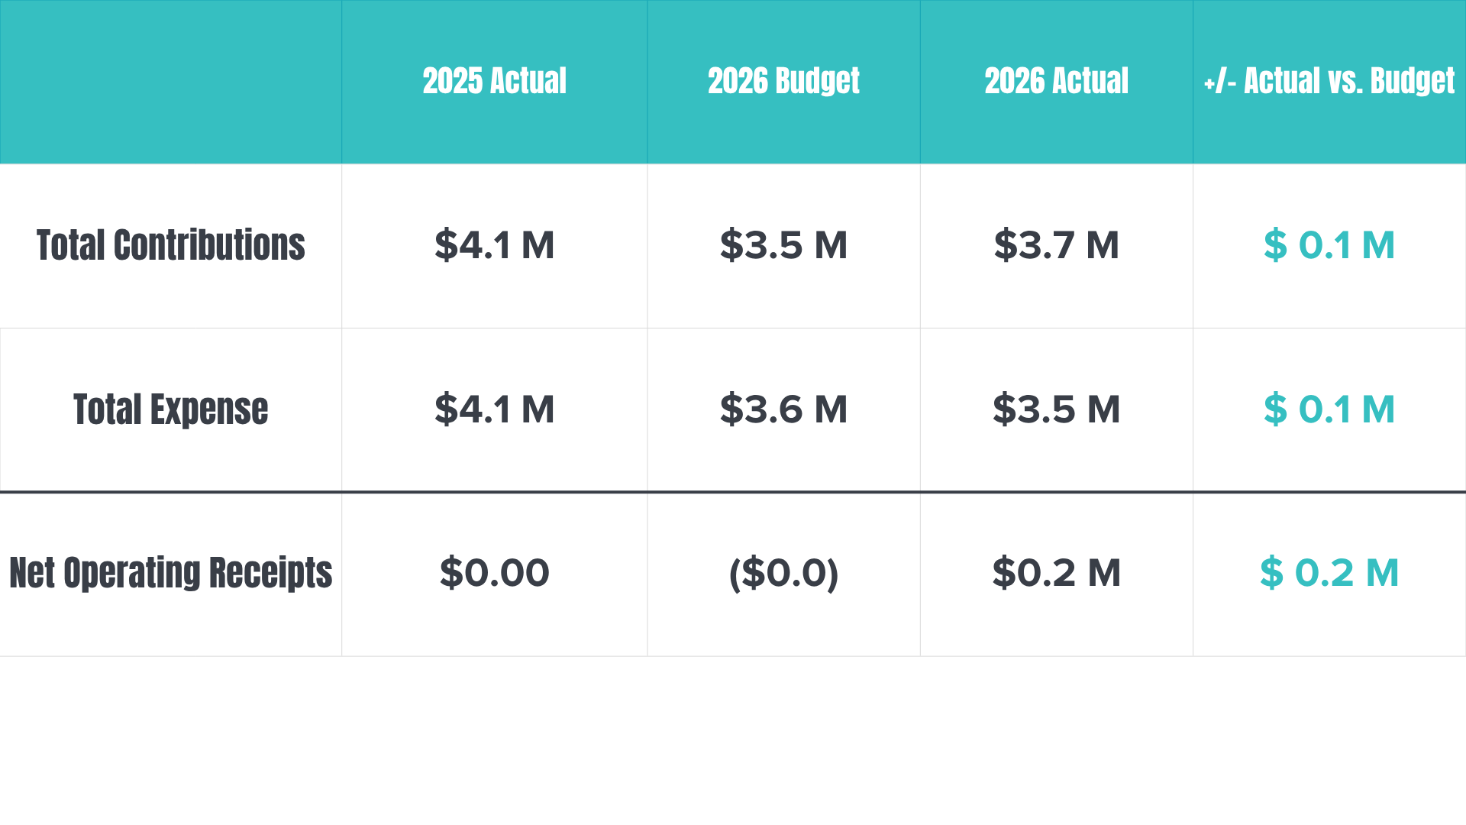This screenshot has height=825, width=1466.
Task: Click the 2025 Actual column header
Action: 494,81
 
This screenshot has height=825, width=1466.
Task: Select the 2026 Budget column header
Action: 783,82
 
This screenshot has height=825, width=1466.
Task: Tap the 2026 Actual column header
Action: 1056,81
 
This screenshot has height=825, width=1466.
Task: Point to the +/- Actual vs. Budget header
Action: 1329,82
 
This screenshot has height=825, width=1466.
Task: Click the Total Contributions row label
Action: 171,245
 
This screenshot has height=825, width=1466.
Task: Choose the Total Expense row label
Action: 171,409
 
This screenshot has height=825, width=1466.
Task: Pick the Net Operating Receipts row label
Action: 171,573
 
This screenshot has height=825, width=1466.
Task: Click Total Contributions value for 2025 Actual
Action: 494,245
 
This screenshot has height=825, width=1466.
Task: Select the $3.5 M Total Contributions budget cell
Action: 783,245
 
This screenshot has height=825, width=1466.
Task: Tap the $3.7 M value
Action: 1056,245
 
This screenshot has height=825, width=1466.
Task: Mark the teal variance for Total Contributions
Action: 1329,245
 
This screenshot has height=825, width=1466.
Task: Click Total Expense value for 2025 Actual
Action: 494,409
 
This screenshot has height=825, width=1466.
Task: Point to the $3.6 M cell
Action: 783,409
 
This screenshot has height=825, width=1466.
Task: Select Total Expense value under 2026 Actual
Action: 1056,409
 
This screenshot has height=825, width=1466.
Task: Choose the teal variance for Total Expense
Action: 1329,409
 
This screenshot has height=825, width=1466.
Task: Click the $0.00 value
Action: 494,573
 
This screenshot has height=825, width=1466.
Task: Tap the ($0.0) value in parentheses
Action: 783,574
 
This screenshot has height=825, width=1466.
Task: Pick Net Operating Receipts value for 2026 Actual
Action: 1056,573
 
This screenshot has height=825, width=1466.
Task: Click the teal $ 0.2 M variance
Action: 1329,573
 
